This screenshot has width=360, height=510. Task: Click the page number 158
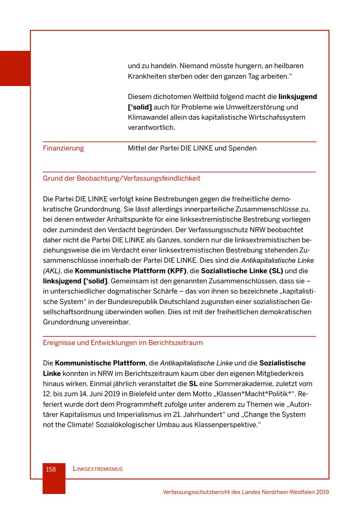point(51,469)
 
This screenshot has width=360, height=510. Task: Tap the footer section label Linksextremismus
point(98,469)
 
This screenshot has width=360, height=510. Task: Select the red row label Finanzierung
point(63,148)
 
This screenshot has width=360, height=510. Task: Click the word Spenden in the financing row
point(242,148)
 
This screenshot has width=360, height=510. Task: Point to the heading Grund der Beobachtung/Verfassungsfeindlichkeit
point(122,178)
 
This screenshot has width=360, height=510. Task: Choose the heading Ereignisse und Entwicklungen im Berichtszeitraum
point(123,343)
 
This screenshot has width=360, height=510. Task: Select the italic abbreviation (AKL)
point(52,271)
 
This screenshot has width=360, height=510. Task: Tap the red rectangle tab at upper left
point(15,68)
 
